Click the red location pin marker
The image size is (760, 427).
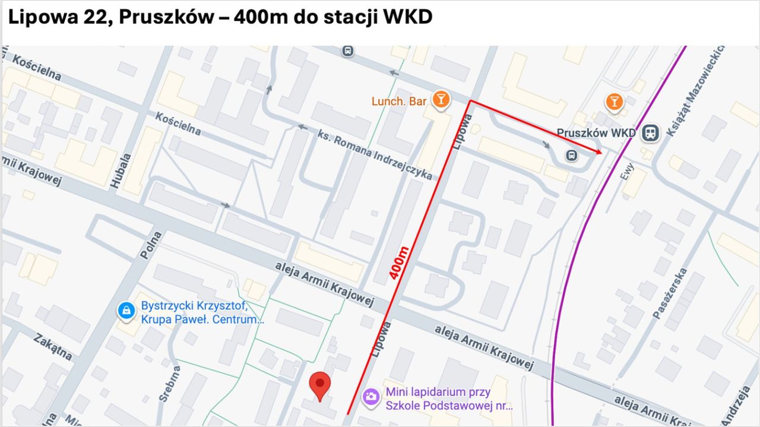pos(321,385)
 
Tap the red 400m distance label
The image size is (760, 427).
pos(400,263)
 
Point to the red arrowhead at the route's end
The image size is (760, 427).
pos(600,153)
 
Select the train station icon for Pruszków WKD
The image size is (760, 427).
pos(651,133)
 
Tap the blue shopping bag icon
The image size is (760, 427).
pos(126,310)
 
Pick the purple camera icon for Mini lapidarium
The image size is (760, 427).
pos(372,396)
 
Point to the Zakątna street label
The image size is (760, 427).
pos(53,347)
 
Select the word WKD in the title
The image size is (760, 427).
pos(408,17)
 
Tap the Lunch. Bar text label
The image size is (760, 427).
pos(399,102)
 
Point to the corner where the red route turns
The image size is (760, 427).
pos(470,101)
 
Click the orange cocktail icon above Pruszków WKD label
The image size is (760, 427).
pos(615,102)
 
